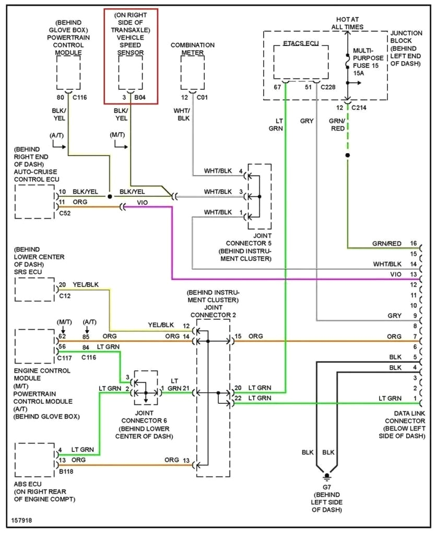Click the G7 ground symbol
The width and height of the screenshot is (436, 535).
pyautogui.click(x=327, y=476)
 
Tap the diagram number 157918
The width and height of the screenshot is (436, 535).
pyautogui.click(x=20, y=521)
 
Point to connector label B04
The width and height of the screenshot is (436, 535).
pyautogui.click(x=140, y=97)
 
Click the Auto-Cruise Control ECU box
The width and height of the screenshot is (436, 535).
pyautogui.click(x=34, y=201)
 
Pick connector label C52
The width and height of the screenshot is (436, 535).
pyautogui.click(x=65, y=213)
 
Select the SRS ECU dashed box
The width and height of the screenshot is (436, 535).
pyautogui.click(x=34, y=289)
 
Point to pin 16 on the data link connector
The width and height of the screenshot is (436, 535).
pyautogui.click(x=414, y=243)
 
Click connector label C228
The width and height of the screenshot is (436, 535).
pyautogui.click(x=328, y=87)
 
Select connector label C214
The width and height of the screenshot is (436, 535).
pyautogui.click(x=359, y=107)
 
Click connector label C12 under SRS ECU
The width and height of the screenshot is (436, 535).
pyautogui.click(x=65, y=296)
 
